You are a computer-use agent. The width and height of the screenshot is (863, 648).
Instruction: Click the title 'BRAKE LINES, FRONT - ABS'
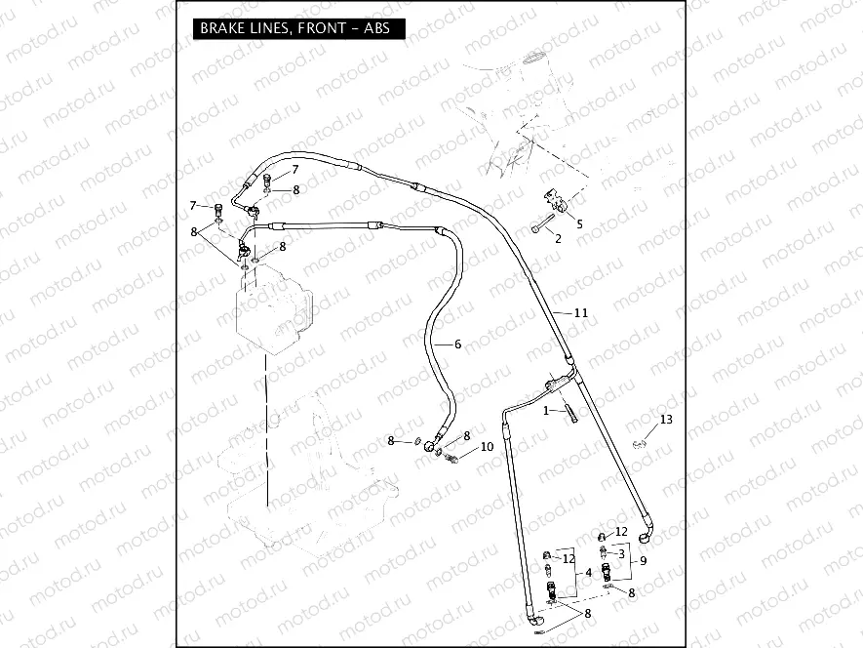(x=294, y=28)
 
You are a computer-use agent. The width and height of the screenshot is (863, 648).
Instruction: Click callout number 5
(x=579, y=223)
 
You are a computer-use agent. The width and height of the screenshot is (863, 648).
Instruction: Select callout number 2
(x=558, y=237)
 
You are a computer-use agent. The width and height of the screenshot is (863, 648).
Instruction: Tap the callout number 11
(x=580, y=313)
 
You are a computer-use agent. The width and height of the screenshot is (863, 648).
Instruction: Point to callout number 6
(x=456, y=344)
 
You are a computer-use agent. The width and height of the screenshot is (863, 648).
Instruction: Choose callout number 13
(x=666, y=420)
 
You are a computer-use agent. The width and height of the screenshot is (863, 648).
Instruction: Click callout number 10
(x=487, y=447)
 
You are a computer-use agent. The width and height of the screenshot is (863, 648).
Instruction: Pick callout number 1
(x=547, y=411)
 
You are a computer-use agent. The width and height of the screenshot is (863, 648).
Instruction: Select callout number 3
(x=621, y=553)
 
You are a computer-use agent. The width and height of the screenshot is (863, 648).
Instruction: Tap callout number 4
(x=588, y=572)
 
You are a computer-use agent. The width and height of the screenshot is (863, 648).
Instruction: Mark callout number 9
(x=643, y=560)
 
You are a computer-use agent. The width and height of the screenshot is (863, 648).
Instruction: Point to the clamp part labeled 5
(x=557, y=200)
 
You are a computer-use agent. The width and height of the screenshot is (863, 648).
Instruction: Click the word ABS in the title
(x=375, y=28)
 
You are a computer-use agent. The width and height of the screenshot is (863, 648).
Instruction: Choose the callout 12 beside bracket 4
(x=569, y=559)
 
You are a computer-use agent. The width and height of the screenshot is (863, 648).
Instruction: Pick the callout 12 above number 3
(x=621, y=535)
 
